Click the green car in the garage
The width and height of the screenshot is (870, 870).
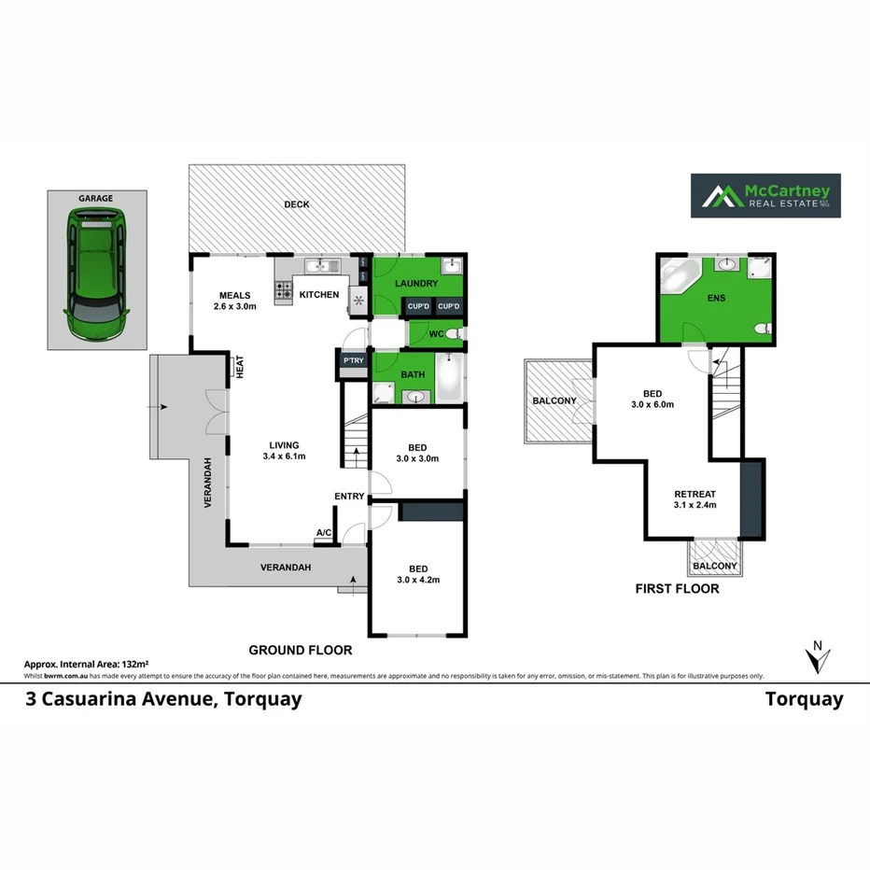[x=94, y=276]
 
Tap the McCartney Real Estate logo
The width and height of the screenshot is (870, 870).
[x=765, y=196]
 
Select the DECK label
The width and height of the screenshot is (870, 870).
[x=297, y=204]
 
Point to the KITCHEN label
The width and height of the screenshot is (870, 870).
[x=318, y=296]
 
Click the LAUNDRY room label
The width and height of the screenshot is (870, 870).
[x=416, y=283]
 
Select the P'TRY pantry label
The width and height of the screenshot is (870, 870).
[x=353, y=360]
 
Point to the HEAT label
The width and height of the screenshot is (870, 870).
[x=239, y=366]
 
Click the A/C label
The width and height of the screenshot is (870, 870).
[x=324, y=533]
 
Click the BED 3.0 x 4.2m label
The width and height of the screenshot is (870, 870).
[x=417, y=574]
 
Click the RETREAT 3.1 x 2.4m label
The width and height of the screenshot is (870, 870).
[x=695, y=500]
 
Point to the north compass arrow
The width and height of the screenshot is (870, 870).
[x=818, y=657]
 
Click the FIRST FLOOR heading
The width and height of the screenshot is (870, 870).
[x=677, y=589]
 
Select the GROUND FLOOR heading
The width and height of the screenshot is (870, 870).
[x=300, y=650]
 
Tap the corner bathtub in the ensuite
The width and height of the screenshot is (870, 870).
[x=679, y=276]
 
